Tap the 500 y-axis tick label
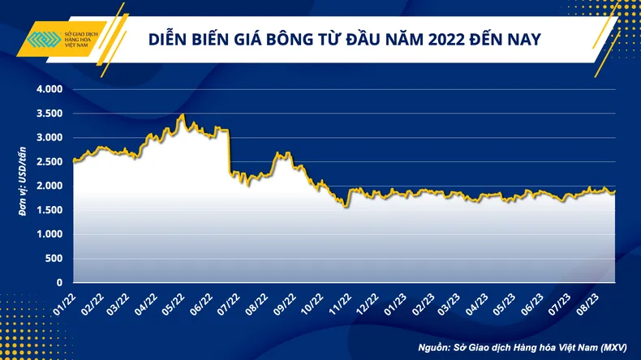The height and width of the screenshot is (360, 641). (52, 259)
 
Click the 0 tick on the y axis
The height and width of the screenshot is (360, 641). (58, 283)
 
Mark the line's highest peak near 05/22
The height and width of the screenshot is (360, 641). (183, 115)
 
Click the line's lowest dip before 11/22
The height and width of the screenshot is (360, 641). (346, 206)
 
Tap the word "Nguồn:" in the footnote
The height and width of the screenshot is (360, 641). (436, 347)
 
